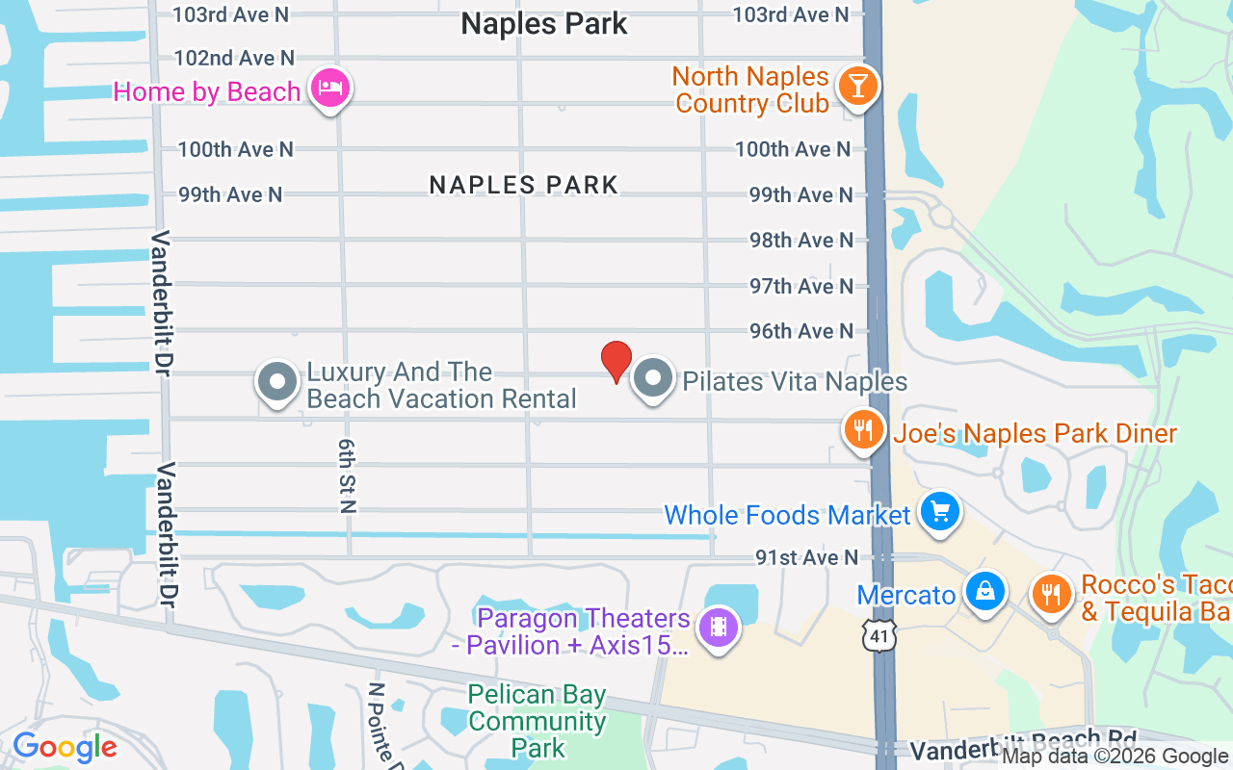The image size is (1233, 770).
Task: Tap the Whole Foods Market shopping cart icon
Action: pos(939,511)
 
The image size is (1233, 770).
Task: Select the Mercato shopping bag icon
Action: pos(985,591)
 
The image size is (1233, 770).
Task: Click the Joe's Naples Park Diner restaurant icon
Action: pos(864,430)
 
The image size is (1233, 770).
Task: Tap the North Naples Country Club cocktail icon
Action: pos(856,86)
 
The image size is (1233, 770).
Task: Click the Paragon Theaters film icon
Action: pos(718,627)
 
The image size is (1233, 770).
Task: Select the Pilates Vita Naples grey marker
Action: pos(653,378)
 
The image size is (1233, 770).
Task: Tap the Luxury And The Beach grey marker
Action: pos(277,381)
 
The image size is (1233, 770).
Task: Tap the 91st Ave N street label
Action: pos(806,557)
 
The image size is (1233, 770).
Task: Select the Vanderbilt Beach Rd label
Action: pos(1023,745)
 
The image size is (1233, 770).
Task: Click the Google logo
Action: pos(66,747)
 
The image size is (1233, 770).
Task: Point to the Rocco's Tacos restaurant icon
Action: pos(1052,594)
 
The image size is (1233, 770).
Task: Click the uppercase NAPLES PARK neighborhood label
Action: pos(523,185)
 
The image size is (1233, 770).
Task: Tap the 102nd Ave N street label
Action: pos(234,59)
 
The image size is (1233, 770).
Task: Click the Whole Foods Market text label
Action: pos(787,515)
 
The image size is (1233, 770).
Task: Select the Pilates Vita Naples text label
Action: pos(795,382)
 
